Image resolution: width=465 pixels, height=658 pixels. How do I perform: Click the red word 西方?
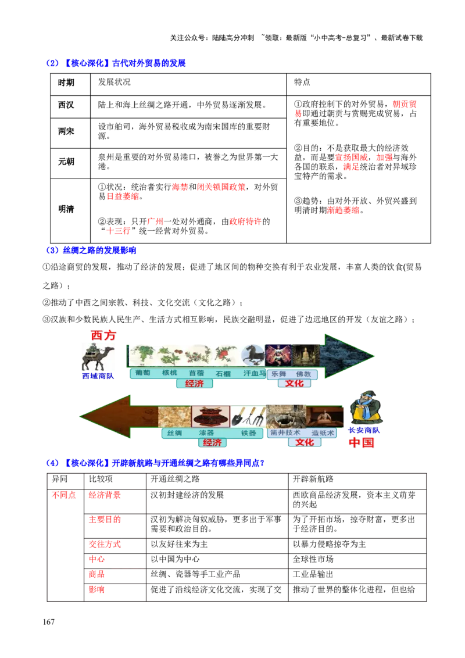coord(103,335)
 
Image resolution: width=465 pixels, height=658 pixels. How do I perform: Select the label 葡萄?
coord(142,373)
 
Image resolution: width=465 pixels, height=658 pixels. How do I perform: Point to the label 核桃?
coord(169,373)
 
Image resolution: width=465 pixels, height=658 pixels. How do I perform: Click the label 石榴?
coord(223,374)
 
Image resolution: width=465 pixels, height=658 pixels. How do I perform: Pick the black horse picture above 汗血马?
coord(253,355)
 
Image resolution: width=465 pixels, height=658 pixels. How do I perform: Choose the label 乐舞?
coord(279,374)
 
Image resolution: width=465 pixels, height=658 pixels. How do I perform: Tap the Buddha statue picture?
coord(305,355)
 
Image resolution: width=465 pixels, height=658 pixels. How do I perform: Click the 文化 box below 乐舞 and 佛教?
coord(294,384)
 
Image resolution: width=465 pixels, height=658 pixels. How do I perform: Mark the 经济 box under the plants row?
coord(194,384)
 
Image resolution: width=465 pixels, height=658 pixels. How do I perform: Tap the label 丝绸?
coord(174,433)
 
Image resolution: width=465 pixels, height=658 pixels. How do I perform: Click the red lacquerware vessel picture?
coord(210,417)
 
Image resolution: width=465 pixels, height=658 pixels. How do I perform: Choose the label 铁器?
coord(249,433)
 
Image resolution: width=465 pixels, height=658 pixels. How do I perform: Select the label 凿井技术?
coord(285,433)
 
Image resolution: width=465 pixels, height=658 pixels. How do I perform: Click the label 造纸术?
coord(323,433)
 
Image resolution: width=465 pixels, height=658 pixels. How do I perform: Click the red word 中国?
coord(362,443)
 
